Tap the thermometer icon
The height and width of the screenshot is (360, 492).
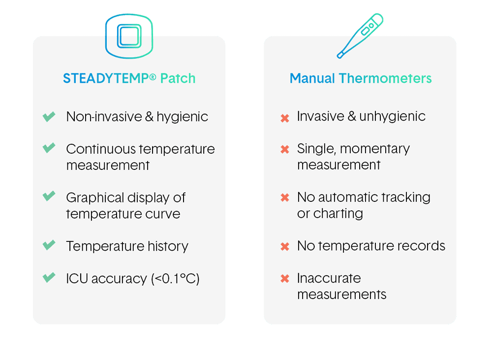[x=360, y=36]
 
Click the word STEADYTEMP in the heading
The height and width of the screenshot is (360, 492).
[x=106, y=78]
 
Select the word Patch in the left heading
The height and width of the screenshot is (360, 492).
[x=178, y=78]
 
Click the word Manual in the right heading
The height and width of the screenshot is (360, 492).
[x=312, y=78]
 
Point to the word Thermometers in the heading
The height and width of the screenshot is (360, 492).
[x=385, y=78]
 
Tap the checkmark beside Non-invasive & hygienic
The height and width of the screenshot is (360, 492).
[x=49, y=117]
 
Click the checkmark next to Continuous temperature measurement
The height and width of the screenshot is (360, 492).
[x=49, y=148]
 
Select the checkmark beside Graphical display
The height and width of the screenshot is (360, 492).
[x=49, y=196]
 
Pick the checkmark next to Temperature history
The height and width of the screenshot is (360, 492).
[x=49, y=245]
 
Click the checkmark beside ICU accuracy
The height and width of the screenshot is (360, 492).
[x=49, y=277]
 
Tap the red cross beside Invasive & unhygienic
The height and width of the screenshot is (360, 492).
[x=285, y=118]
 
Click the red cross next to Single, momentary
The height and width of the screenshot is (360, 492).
[x=285, y=149]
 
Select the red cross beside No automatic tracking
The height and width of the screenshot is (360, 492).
[x=285, y=197]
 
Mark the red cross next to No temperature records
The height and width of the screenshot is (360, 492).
[x=285, y=247]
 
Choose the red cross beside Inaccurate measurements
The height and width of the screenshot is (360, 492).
[x=285, y=279]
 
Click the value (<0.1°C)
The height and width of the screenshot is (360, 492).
[x=175, y=279]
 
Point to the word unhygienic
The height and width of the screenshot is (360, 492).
[x=392, y=117]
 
